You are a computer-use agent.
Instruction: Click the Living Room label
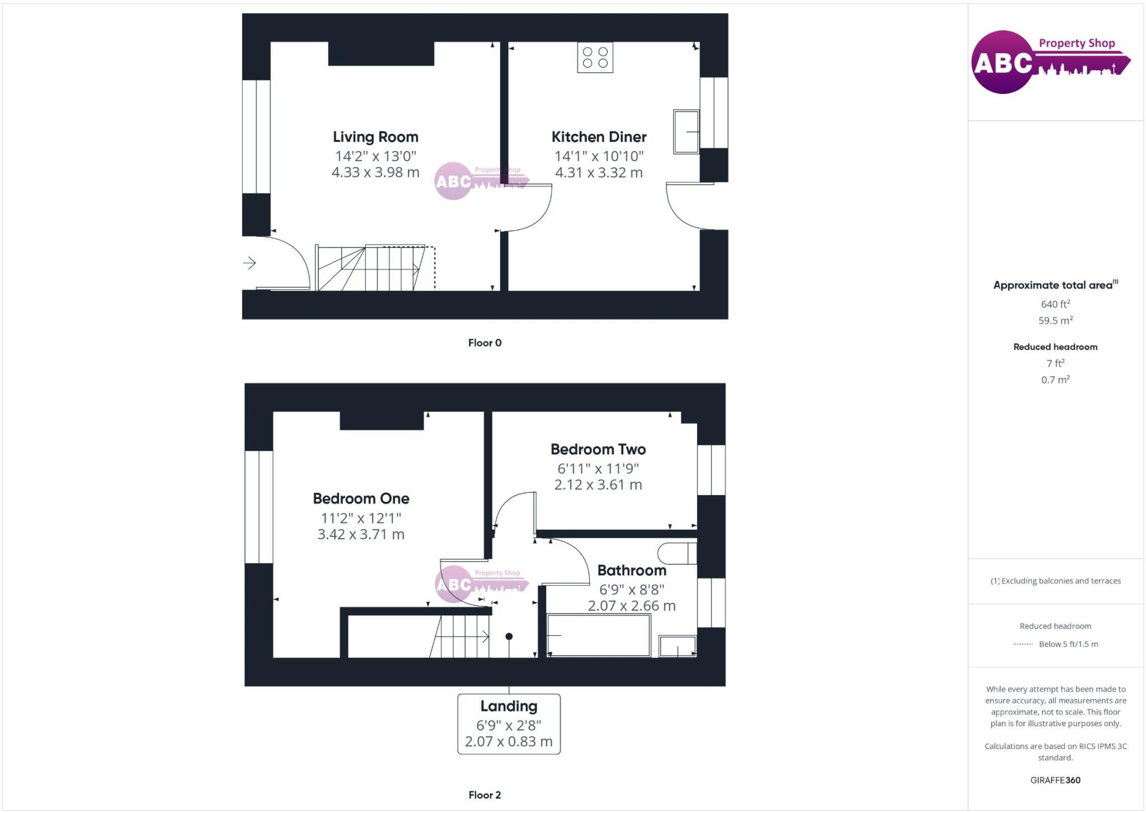(x=375, y=137)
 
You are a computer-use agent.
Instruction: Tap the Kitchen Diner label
(x=599, y=137)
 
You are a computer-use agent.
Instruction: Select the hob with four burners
(x=595, y=58)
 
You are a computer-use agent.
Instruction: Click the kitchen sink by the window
(x=686, y=132)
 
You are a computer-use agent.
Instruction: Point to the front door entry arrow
(x=250, y=262)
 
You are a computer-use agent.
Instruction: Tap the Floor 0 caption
(x=485, y=343)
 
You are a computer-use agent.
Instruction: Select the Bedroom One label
(x=361, y=499)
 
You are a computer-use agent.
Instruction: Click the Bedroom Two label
(x=598, y=449)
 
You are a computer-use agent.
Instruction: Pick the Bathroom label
(x=632, y=571)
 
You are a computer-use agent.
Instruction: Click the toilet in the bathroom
(x=677, y=553)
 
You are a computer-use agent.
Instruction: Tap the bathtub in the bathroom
(x=598, y=636)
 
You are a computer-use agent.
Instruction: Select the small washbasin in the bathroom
(x=678, y=646)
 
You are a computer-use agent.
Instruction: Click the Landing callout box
(x=509, y=724)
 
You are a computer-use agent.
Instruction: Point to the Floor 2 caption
(x=485, y=795)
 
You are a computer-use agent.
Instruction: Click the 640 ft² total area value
(x=1055, y=304)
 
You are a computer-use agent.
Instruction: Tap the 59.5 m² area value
(x=1055, y=321)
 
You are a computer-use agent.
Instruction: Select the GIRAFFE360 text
(x=1055, y=780)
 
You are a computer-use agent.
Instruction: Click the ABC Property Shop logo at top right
(x=1050, y=62)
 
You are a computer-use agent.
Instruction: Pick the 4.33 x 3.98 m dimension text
(x=375, y=172)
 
